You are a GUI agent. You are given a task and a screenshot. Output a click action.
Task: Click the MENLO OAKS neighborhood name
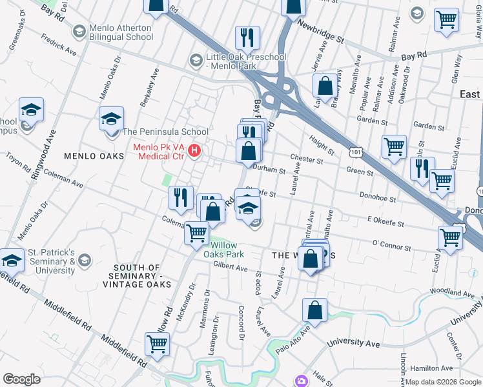point(93,156)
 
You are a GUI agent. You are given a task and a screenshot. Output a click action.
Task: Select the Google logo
point(21,379)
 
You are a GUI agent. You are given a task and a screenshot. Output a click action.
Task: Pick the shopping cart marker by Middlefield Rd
point(157,344)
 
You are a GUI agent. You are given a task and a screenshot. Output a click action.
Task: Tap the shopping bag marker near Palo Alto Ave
point(314,310)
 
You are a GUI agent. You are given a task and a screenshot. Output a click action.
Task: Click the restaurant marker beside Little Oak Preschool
point(247,37)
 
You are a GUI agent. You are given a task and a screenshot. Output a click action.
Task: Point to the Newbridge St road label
point(320,30)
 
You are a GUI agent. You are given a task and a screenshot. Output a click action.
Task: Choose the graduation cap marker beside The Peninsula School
point(111,118)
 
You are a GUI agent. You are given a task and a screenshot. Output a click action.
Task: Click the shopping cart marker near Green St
point(393,146)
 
